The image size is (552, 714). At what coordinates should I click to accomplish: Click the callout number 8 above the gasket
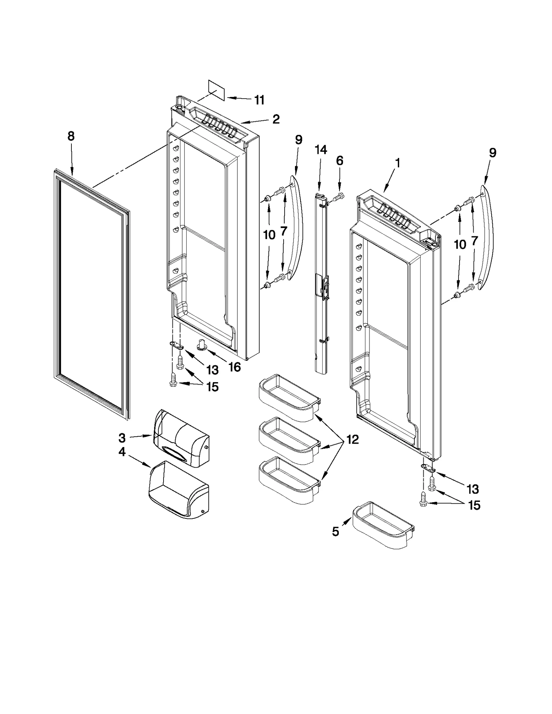click(x=71, y=136)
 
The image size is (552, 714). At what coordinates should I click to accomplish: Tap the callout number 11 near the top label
click(x=259, y=100)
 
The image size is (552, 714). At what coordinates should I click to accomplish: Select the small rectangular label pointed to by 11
click(x=216, y=90)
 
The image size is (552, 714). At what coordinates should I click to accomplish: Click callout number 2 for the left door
click(x=276, y=119)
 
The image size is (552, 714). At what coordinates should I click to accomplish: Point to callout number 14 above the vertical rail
click(x=321, y=150)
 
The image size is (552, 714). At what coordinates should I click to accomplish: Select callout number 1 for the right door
click(x=398, y=163)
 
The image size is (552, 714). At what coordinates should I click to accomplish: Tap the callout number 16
click(x=235, y=367)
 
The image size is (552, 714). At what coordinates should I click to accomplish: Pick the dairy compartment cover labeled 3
click(x=181, y=438)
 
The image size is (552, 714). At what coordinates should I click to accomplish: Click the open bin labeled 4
click(x=178, y=490)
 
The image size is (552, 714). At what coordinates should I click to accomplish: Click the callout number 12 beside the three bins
click(x=353, y=439)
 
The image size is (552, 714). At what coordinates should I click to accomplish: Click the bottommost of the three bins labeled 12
click(x=289, y=480)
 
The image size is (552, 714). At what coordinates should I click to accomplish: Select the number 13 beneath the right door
click(x=473, y=489)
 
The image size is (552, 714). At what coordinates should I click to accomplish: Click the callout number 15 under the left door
click(x=213, y=387)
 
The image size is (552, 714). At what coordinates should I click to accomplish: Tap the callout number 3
click(x=122, y=438)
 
